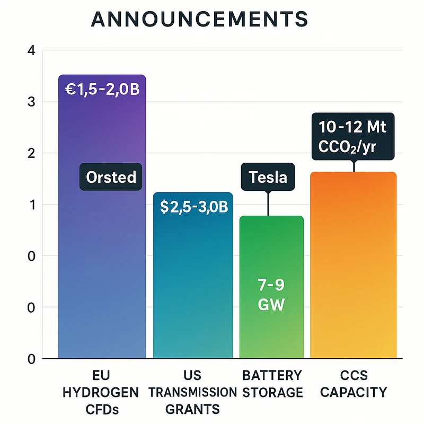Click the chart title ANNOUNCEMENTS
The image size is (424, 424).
coord(199,19)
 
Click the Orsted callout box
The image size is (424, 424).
coord(111,176)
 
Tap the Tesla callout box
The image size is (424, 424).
coord(268,176)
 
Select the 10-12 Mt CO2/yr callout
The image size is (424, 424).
coord(352,136)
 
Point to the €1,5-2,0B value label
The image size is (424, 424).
coord(101,89)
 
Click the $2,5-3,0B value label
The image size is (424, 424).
coord(193,207)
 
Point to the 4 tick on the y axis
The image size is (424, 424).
coord(31,51)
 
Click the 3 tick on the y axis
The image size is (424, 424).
coord(31,102)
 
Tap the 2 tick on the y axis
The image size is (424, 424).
coord(31,153)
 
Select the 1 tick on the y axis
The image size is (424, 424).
coord(31,205)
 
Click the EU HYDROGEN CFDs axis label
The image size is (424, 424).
coord(101,393)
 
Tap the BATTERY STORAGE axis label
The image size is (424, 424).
coord(272,385)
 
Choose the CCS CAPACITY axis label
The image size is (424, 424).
coord(354,385)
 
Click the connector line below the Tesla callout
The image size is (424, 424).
coord(268,204)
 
